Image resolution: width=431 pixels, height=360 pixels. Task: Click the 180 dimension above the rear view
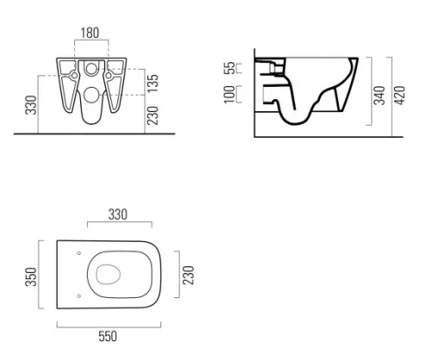point(90,33)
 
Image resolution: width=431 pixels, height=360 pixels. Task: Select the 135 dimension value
point(153,84)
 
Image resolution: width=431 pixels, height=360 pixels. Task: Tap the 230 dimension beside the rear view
point(153,115)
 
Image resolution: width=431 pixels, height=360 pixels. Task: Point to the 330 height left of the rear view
point(31,105)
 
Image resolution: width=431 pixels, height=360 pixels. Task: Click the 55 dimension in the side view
point(229,68)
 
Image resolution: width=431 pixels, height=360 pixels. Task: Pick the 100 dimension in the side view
point(229,94)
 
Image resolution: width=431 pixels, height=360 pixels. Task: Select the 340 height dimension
point(379,96)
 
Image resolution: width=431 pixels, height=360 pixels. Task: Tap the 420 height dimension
point(399,96)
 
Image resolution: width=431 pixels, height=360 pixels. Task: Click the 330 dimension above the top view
point(118,214)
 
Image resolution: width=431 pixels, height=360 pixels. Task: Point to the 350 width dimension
point(31,276)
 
